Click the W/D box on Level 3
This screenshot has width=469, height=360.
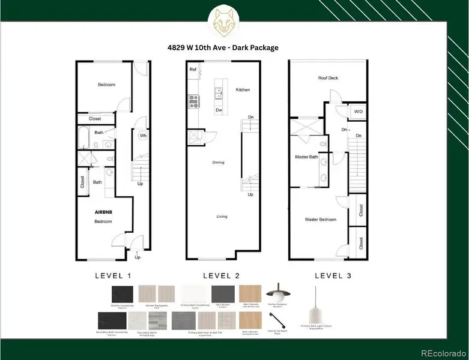(x=358, y=111)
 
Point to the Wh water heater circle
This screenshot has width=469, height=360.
(x=143, y=136)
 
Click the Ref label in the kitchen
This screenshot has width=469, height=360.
(x=193, y=70)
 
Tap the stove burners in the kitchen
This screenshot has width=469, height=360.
(x=194, y=100)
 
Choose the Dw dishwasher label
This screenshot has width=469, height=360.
(x=219, y=110)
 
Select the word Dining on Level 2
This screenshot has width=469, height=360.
(x=219, y=163)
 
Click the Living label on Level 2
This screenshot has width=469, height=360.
(x=222, y=216)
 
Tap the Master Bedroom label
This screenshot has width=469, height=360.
(x=319, y=220)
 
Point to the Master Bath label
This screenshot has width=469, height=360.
(x=306, y=157)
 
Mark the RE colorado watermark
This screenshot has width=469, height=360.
(x=441, y=352)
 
